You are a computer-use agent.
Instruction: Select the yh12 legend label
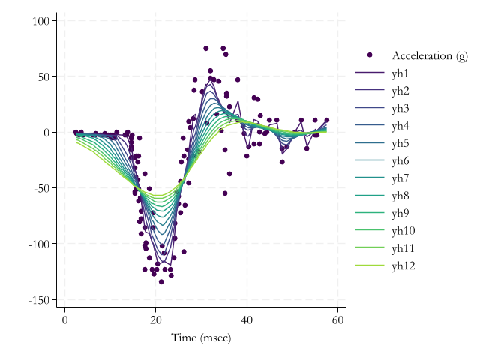click(x=403, y=265)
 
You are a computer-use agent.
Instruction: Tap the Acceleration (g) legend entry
click(x=429, y=56)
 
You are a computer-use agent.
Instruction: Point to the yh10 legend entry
click(x=403, y=230)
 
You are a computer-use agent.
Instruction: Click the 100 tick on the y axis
click(x=40, y=21)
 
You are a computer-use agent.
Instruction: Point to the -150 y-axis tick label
click(x=37, y=300)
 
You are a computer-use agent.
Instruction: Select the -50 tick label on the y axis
click(x=40, y=188)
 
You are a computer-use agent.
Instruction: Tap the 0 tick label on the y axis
click(x=46, y=133)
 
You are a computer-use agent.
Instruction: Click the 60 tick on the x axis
click(x=337, y=320)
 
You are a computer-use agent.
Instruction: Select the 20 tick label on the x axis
click(x=155, y=320)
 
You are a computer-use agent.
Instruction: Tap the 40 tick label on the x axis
click(x=247, y=320)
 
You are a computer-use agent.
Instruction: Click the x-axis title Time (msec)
click(x=201, y=337)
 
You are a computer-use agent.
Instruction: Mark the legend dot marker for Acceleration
click(x=370, y=55)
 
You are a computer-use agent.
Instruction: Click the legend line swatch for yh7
click(x=370, y=178)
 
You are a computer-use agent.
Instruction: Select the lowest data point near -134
click(x=161, y=282)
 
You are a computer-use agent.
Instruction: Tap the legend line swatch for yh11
click(x=370, y=248)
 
